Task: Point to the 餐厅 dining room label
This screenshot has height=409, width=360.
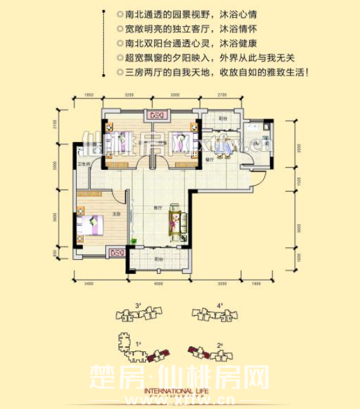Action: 209,159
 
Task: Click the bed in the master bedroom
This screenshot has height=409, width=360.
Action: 90,224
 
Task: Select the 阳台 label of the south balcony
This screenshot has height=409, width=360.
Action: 158,259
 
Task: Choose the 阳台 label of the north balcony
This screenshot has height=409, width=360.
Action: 222,119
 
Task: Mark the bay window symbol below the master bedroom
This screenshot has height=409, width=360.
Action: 117,252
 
